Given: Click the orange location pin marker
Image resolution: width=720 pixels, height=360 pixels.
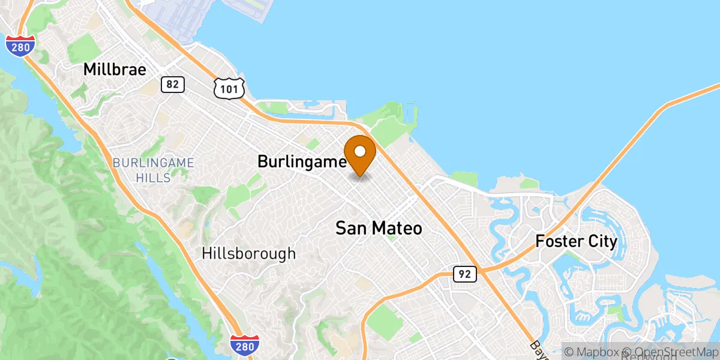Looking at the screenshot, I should coord(359,155).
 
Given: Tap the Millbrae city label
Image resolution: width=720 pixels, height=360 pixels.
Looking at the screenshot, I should coord(115,70).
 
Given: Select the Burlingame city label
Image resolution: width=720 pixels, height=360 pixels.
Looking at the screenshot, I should coord(302,161).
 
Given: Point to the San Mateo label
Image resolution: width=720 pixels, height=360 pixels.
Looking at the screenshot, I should coord(379,228).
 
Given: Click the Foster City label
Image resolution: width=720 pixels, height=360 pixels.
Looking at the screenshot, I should coord(576,242).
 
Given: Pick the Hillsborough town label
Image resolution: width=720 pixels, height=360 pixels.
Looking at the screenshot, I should coord(249,253).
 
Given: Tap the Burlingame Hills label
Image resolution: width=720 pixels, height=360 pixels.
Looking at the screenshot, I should coord(153,170).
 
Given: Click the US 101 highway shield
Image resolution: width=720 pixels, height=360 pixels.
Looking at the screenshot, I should coord(229,88).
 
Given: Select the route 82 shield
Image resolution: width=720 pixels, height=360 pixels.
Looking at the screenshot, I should coord(172,85).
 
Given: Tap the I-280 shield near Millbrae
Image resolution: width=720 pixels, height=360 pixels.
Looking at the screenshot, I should coord(20,46).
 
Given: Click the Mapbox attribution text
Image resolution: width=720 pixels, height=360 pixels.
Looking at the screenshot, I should coord(590,352).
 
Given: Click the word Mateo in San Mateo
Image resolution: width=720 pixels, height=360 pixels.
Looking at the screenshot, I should coord(397,228).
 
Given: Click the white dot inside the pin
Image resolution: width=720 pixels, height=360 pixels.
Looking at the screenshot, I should coord(359,151).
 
